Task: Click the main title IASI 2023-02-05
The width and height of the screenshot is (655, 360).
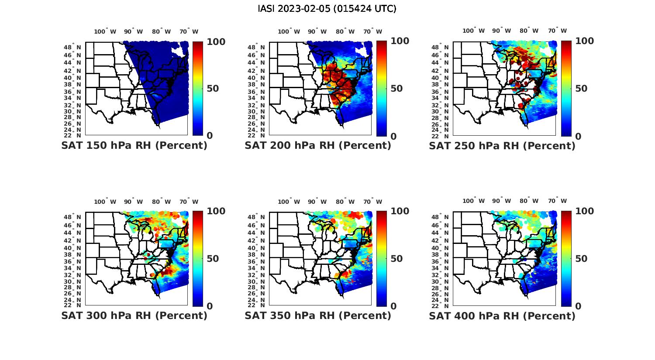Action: (x=327, y=9)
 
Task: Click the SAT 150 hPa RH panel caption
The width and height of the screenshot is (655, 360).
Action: (x=134, y=146)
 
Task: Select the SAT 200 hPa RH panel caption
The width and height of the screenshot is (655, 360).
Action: (x=318, y=146)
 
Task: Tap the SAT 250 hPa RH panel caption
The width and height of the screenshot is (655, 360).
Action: (x=502, y=146)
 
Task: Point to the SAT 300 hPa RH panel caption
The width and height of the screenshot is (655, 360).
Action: (x=134, y=315)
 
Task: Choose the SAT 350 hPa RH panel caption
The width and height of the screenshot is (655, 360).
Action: (x=318, y=315)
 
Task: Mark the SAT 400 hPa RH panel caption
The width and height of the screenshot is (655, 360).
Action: (x=502, y=315)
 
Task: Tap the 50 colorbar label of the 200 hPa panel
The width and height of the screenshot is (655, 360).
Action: (x=396, y=89)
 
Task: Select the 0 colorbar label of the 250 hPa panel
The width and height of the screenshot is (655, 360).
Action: (x=578, y=136)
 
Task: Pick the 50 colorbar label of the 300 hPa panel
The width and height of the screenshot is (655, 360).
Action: (x=213, y=259)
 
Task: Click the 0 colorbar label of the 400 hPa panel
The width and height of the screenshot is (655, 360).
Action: (x=578, y=306)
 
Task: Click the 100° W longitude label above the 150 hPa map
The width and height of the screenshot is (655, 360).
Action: (x=105, y=31)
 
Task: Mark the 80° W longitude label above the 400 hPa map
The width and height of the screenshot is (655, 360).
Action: (x=529, y=201)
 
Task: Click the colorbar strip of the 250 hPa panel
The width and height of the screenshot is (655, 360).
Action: (x=566, y=89)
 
